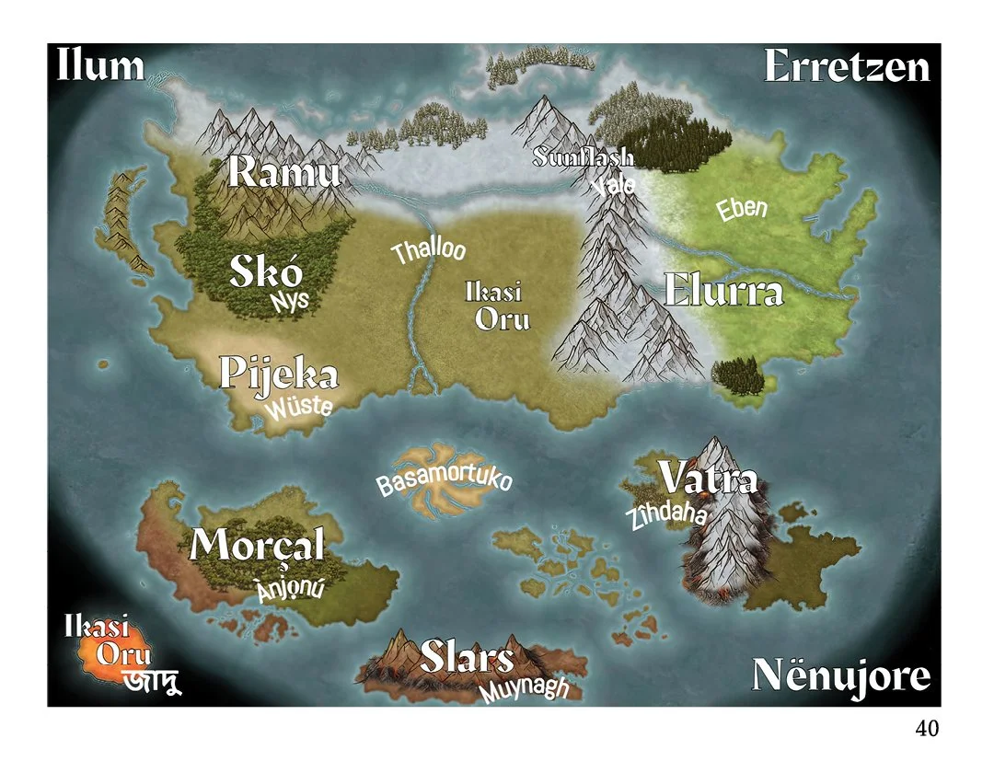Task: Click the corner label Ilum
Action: pos(100,66)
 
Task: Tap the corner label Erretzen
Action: pos(847,67)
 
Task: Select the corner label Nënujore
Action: pos(841,676)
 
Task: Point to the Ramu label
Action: pos(284,172)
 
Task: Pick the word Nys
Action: pos(290,301)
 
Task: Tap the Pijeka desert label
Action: pos(279,375)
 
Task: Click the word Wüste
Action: pos(299,406)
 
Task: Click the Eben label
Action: pos(742,209)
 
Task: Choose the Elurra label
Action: pos(723,291)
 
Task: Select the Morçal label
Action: pos(258,546)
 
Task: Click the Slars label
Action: pos(467,657)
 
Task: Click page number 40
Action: pos(927,729)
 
